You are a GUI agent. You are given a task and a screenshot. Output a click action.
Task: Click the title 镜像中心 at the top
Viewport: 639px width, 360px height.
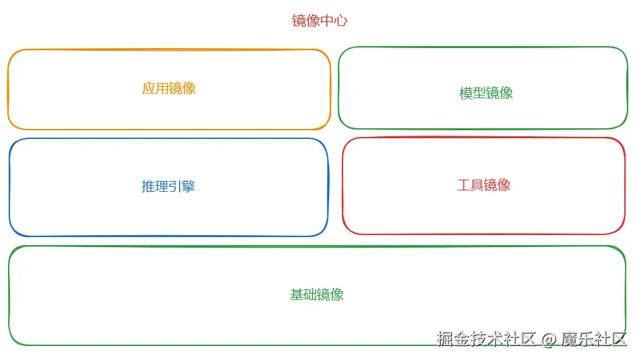click(319, 21)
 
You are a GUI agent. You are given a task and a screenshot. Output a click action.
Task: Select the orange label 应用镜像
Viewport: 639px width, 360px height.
click(168, 88)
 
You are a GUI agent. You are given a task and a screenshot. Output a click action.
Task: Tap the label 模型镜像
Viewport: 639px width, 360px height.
click(485, 93)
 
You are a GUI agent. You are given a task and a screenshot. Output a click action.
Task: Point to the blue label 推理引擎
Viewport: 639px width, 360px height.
click(168, 186)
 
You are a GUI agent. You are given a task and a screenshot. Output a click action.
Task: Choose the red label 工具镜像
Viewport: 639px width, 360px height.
click(483, 185)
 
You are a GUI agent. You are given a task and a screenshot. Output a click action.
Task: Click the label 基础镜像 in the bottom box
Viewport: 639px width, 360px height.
click(316, 295)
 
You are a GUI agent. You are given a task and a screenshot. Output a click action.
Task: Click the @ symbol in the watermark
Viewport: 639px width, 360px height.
click(548, 339)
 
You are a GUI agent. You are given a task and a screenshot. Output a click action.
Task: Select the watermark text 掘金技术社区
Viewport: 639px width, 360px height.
click(487, 339)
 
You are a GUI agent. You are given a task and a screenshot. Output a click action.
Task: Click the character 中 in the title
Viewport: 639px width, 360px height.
click(327, 21)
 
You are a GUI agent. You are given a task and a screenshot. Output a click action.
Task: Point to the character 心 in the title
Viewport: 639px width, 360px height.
click(341, 21)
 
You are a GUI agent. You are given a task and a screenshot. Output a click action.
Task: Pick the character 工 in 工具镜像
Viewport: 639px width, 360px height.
click(463, 185)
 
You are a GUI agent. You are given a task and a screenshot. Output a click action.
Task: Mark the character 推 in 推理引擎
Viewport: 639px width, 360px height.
click(148, 186)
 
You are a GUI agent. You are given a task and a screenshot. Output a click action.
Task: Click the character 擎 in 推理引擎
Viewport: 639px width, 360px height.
click(188, 186)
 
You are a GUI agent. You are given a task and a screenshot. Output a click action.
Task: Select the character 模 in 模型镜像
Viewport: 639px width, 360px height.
click(465, 93)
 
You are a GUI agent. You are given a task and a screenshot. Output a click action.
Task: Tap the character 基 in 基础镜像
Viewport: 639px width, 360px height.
click(296, 295)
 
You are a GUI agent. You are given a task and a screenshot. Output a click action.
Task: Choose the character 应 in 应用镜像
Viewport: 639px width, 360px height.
click(148, 88)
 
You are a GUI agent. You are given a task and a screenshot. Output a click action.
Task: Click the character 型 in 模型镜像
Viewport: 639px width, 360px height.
click(479, 93)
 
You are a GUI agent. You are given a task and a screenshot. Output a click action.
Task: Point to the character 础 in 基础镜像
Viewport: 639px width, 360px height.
click(310, 295)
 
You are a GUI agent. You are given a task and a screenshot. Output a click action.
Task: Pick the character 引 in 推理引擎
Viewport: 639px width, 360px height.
click(175, 186)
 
